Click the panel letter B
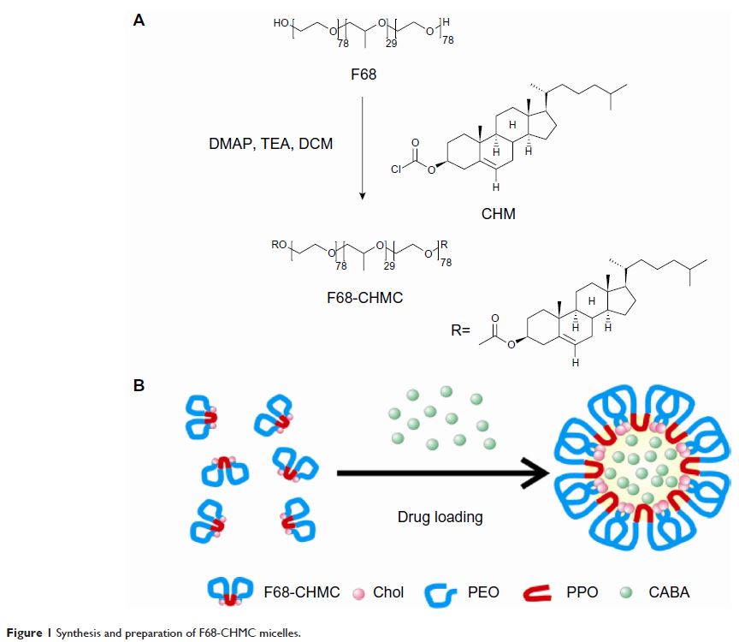click(x=139, y=385)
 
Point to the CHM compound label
click(x=498, y=214)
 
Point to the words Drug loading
click(x=440, y=517)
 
